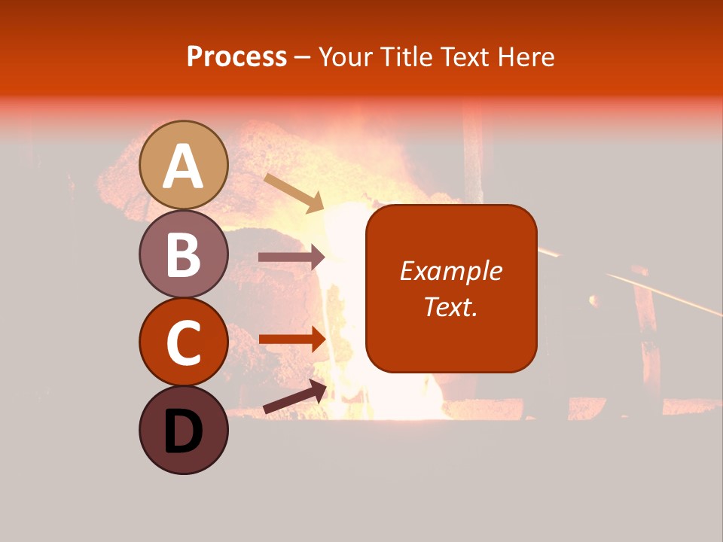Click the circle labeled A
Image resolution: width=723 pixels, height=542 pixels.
tap(184, 165)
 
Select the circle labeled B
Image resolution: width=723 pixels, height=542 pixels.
tap(184, 254)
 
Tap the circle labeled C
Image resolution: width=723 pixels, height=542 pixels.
tap(184, 342)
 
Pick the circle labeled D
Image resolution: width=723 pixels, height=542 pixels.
tap(184, 430)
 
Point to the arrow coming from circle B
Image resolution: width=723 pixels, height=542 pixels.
tap(291, 257)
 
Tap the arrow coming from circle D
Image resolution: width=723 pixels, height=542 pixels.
tap(294, 397)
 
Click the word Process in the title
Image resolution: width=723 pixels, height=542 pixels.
tap(236, 56)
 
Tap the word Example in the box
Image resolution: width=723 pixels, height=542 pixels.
tap(451, 271)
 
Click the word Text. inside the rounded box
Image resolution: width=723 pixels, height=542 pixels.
tap(451, 306)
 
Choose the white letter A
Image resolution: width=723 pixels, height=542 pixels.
tap(184, 166)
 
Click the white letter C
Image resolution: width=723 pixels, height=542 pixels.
tap(184, 343)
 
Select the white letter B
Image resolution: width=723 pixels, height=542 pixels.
tap(184, 254)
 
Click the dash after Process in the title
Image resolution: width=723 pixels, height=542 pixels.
tap(302, 58)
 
